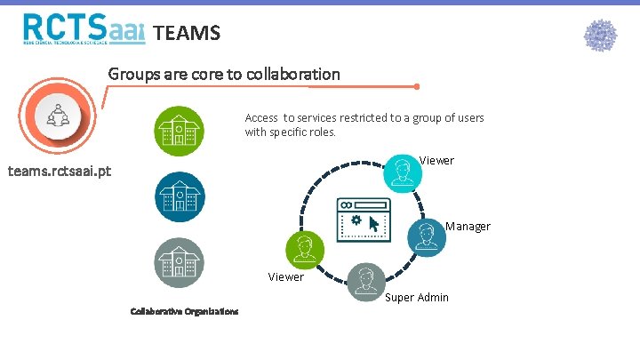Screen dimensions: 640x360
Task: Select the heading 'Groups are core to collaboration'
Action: pyautogui.click(x=224, y=75)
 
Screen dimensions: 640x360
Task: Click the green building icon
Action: pyautogui.click(x=179, y=132)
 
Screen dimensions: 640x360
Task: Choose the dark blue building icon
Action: pyautogui.click(x=179, y=196)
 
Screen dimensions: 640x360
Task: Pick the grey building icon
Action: pyautogui.click(x=179, y=262)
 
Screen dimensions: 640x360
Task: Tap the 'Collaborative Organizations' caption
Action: pyautogui.click(x=184, y=311)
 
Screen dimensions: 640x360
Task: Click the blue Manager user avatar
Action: pyautogui.click(x=428, y=235)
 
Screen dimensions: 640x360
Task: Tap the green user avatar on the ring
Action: pyautogui.click(x=304, y=249)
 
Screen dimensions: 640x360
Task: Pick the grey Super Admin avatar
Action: pyautogui.click(x=364, y=282)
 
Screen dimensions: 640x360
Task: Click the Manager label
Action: pyautogui.click(x=468, y=227)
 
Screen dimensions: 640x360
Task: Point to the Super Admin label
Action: pyautogui.click(x=417, y=297)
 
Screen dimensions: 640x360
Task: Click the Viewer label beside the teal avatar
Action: pyautogui.click(x=436, y=161)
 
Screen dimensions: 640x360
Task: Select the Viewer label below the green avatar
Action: pyautogui.click(x=286, y=277)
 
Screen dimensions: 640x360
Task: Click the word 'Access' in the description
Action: pyautogui.click(x=261, y=118)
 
